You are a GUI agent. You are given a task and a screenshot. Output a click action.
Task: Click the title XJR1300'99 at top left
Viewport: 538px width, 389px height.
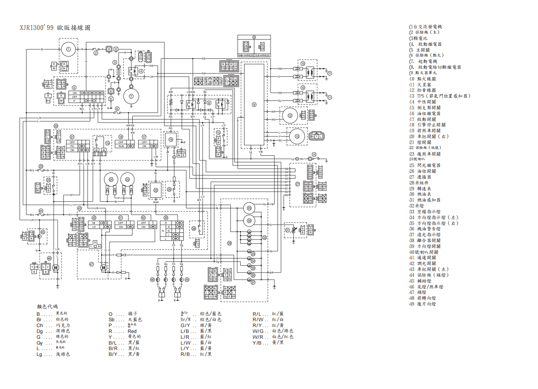coord(37,28)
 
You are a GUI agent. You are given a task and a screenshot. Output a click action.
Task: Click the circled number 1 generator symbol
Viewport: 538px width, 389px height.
coord(68,49)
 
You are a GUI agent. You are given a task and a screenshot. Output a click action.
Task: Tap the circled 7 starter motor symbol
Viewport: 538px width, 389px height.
coord(131,96)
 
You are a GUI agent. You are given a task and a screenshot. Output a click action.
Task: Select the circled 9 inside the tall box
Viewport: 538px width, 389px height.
coord(254,104)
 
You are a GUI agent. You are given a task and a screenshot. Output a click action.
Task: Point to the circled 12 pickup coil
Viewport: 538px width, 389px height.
coord(290,116)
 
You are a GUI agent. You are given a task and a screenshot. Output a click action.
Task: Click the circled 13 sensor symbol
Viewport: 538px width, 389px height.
coord(297,136)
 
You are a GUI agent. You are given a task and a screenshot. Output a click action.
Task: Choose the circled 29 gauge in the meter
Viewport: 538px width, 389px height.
coord(249,208)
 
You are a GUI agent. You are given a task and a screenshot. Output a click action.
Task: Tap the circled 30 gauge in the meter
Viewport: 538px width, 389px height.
coord(249,221)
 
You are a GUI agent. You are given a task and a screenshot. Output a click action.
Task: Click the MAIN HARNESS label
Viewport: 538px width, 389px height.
coord(246,55)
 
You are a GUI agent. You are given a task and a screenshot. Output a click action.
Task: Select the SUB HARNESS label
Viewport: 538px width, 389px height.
coord(262,55)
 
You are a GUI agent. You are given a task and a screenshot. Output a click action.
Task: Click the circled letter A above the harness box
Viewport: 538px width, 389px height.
coord(254,37)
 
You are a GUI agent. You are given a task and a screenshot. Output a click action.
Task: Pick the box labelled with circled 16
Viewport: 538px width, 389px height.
coord(171,139)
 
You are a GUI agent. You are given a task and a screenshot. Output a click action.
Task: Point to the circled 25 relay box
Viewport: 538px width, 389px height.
coord(156,190)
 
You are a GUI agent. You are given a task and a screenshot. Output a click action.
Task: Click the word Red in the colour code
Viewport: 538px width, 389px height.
coord(132,331)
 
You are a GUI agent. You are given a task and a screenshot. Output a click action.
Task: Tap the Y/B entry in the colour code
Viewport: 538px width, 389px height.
coord(257,343)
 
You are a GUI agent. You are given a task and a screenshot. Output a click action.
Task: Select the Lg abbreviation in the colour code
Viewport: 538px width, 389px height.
coord(39,354)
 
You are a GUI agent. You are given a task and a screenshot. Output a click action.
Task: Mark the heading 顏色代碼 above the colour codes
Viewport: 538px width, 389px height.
coord(47,306)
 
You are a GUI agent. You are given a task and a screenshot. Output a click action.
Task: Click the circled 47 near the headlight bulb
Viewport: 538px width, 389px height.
coord(91,264)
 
